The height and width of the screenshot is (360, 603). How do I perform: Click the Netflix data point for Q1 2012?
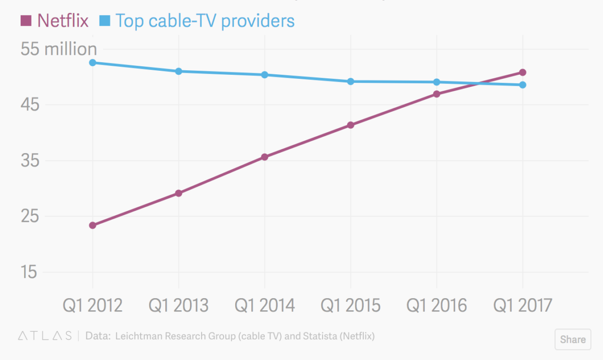[x=92, y=225]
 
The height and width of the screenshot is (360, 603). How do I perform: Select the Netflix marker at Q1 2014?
[x=265, y=157]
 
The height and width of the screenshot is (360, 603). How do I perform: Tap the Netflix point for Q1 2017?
[x=523, y=72]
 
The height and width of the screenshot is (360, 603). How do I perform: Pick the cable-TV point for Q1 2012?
[x=92, y=63]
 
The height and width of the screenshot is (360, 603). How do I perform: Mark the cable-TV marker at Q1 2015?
[x=351, y=81]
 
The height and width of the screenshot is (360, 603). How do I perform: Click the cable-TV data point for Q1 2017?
[x=523, y=85]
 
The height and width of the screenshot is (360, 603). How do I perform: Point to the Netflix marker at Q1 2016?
[x=437, y=94]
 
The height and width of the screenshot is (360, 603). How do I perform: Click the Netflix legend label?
[x=63, y=21]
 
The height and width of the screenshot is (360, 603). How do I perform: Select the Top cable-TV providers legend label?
[x=205, y=21]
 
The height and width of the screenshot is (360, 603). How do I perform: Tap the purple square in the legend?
[x=26, y=21]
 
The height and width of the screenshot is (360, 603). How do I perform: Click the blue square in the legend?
[x=105, y=21]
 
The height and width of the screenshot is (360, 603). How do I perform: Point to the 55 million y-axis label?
[x=58, y=49]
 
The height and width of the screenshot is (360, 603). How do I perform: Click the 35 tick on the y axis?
[x=30, y=161]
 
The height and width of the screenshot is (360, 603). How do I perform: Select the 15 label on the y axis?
[x=29, y=272]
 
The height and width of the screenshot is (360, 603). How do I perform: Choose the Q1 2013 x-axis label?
[x=178, y=305]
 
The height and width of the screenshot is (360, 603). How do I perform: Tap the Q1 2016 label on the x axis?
[x=436, y=305]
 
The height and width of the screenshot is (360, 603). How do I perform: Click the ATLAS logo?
[x=45, y=336]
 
